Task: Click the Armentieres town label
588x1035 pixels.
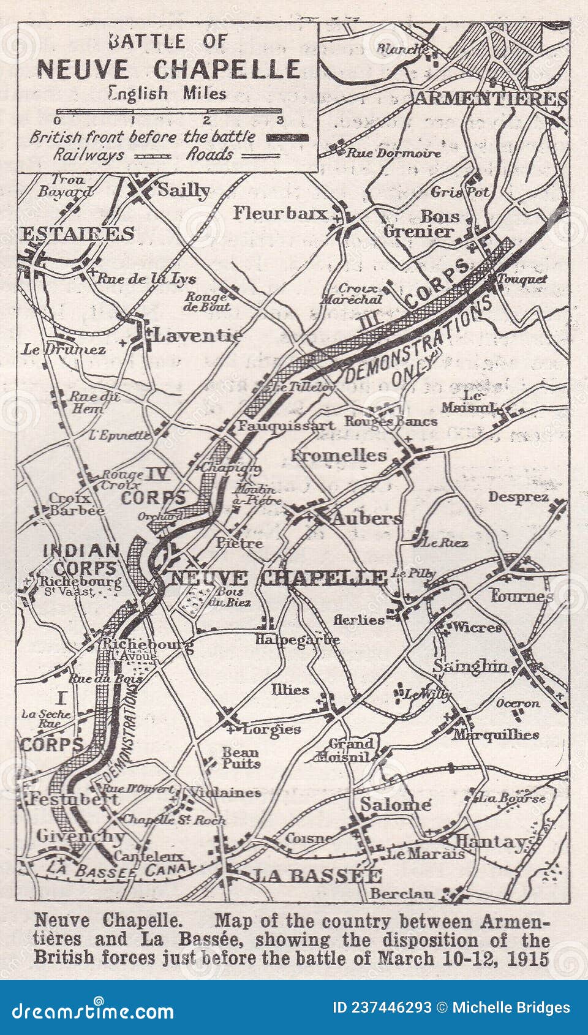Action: click(491, 99)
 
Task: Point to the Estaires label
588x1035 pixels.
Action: click(78, 233)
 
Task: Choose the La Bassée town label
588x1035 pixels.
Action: click(317, 876)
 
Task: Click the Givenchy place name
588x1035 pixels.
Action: click(80, 836)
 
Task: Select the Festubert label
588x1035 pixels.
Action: click(74, 799)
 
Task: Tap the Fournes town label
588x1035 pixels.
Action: click(521, 595)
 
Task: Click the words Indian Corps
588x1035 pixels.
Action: click(81, 559)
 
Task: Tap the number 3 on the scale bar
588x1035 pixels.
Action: click(280, 120)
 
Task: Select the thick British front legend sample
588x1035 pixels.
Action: click(287, 137)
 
